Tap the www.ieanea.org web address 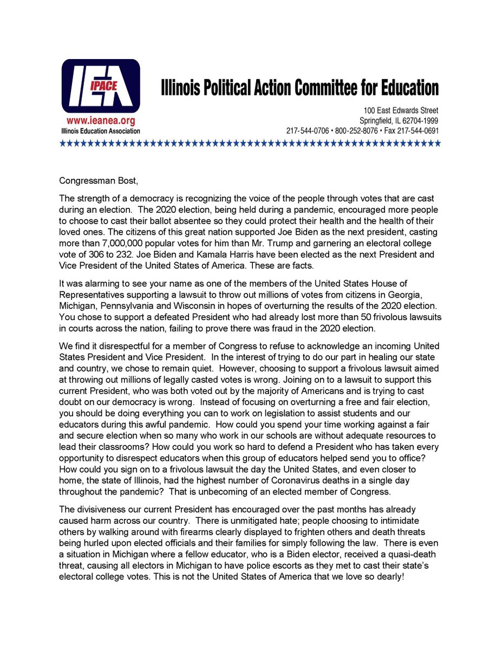100,121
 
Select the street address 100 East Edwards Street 401,110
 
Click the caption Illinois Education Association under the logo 100,131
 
